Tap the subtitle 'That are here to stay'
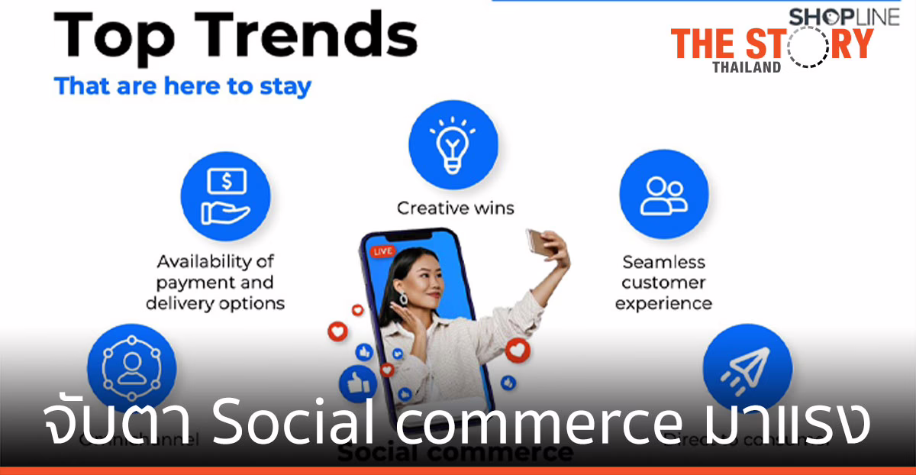[182, 86]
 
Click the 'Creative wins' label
[455, 208]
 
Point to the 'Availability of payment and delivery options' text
[220, 283]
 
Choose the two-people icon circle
[663, 195]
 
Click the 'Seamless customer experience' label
[663, 283]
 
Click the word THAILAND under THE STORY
[747, 67]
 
